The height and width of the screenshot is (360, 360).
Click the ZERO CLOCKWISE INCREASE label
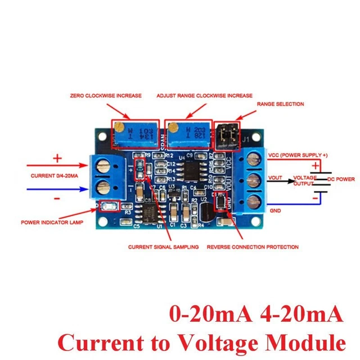(x=105, y=96)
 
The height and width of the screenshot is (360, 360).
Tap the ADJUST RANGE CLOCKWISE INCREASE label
(x=204, y=96)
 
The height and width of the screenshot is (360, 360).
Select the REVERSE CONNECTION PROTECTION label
(x=253, y=247)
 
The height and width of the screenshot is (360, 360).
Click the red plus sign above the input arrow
(x=57, y=159)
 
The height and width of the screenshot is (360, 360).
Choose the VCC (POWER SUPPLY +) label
(x=297, y=155)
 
